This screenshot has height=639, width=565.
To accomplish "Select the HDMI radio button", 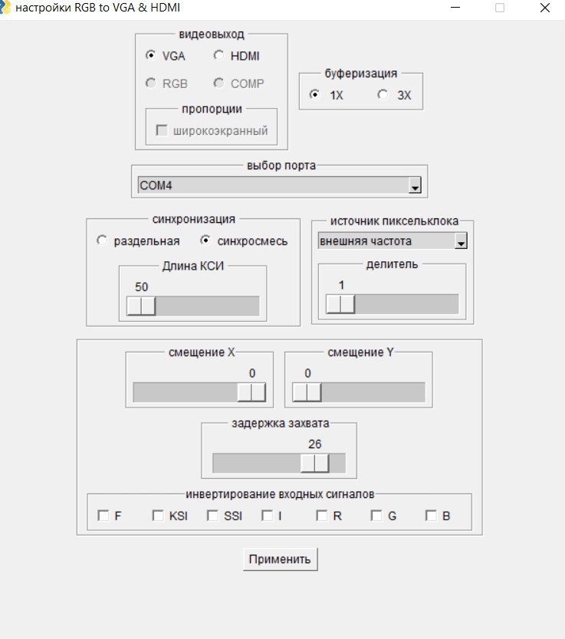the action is click(x=218, y=55).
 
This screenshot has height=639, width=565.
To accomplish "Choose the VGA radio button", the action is click(x=150, y=55).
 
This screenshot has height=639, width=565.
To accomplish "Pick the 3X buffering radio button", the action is click(x=383, y=94).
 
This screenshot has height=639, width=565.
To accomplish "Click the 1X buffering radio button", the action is click(x=314, y=94).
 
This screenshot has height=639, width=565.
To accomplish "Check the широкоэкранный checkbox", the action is click(x=162, y=130).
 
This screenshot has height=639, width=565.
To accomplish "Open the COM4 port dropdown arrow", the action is click(x=415, y=185).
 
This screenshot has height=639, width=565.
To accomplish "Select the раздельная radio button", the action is click(x=101, y=241).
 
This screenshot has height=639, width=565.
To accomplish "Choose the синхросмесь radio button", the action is click(x=205, y=241).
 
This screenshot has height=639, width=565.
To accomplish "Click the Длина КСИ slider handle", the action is click(x=141, y=306).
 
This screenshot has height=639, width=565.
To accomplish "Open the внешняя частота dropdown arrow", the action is click(x=461, y=241).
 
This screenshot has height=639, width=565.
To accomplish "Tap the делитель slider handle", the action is click(x=340, y=304).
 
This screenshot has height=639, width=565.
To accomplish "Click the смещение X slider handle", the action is click(x=251, y=392).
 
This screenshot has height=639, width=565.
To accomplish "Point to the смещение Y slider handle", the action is click(x=307, y=392).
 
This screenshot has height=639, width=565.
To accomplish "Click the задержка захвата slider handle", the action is click(x=315, y=463).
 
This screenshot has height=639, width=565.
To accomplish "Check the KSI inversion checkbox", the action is click(x=158, y=516).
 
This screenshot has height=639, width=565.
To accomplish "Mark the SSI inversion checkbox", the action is click(x=212, y=516).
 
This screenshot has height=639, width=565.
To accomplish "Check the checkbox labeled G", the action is click(x=376, y=516).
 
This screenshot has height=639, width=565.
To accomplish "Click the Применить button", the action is click(x=280, y=559).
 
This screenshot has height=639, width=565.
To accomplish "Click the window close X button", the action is click(x=545, y=8).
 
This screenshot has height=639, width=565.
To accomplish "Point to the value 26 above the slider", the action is click(x=315, y=444).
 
